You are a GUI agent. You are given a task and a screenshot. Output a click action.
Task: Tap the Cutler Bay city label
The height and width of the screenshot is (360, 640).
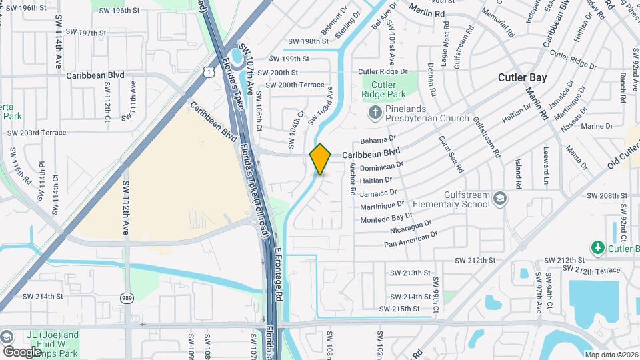(x=522, y=77)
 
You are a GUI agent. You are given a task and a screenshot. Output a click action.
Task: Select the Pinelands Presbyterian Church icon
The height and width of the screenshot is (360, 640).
(x=375, y=113)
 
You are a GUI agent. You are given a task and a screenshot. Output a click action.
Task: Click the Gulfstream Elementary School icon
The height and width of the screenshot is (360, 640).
(x=500, y=198)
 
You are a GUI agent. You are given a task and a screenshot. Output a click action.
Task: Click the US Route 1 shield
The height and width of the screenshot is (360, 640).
(x=209, y=70)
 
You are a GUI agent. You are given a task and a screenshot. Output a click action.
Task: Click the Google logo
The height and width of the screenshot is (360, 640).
(x=22, y=351)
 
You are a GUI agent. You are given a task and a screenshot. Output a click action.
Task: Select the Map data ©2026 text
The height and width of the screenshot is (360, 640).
(x=611, y=355)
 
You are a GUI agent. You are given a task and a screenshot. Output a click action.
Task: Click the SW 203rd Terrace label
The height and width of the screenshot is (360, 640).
(x=37, y=133)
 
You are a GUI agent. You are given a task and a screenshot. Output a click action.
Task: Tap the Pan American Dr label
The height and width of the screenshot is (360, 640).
(x=411, y=239)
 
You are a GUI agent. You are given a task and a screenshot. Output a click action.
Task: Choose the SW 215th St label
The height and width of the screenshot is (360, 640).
(x=399, y=309)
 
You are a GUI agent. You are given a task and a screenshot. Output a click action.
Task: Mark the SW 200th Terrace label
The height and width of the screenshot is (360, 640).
(x=295, y=85)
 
